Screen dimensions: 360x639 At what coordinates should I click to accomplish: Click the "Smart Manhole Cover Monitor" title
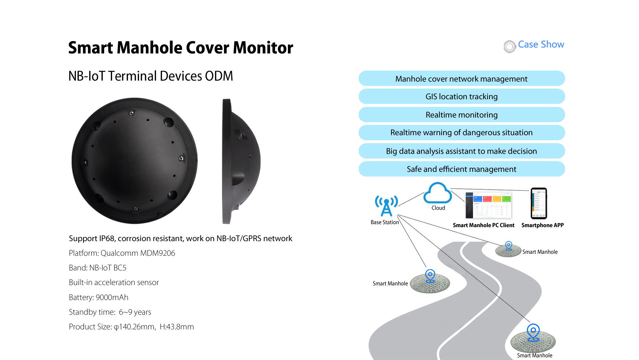click(x=180, y=48)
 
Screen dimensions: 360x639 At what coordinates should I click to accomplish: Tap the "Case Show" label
click(x=541, y=45)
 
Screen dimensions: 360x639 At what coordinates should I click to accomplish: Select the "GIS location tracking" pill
click(x=462, y=97)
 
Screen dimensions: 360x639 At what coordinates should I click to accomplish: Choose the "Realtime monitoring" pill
click(x=462, y=115)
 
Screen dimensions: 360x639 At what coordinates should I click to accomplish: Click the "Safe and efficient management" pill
click(x=462, y=169)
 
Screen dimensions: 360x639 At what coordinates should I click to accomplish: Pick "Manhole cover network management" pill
click(x=462, y=79)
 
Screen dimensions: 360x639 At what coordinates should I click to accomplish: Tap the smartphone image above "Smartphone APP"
click(x=539, y=203)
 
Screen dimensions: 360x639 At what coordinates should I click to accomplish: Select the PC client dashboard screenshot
click(x=489, y=204)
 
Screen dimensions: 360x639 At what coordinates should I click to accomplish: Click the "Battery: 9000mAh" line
click(x=99, y=297)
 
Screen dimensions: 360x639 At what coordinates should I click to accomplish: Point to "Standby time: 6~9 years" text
click(x=110, y=312)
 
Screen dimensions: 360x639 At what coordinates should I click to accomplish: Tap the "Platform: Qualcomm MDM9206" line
click(x=122, y=253)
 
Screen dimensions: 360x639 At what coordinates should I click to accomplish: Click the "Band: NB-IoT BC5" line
click(x=98, y=268)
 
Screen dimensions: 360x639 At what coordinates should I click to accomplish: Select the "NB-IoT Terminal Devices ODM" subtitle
click(x=150, y=76)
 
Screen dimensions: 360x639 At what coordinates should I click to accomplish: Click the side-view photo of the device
click(x=240, y=161)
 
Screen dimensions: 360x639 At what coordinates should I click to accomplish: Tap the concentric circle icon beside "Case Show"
click(x=510, y=47)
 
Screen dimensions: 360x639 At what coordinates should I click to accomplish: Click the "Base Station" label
click(x=385, y=222)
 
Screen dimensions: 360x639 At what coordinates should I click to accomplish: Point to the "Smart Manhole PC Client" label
click(x=483, y=225)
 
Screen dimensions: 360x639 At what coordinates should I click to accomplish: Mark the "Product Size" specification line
click(x=131, y=327)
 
